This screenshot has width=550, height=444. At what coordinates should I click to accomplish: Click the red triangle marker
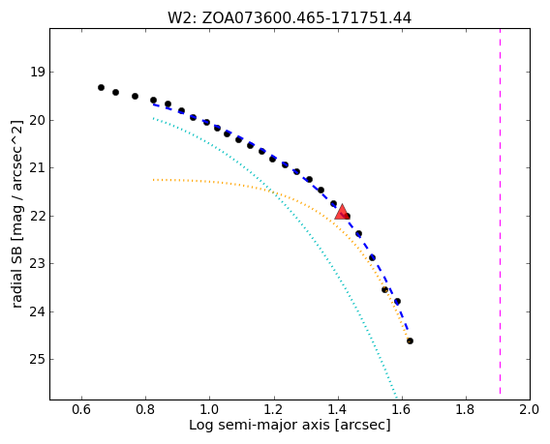tap(342, 212)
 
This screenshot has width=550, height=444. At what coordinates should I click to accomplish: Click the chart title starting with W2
tap(290, 17)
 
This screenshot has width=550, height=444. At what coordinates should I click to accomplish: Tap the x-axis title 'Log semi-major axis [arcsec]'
tap(290, 425)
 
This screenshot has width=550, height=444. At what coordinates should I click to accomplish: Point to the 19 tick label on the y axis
tap(38, 73)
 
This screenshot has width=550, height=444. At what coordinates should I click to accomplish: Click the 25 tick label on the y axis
tap(38, 360)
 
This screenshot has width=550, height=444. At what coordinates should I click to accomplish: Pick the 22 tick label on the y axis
tap(38, 217)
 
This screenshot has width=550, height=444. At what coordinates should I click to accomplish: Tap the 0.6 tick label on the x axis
tap(81, 409)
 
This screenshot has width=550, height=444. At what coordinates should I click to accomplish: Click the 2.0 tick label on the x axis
tap(530, 409)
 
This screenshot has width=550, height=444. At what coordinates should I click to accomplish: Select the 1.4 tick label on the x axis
tap(338, 409)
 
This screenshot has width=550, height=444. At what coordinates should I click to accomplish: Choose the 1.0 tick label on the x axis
tap(210, 409)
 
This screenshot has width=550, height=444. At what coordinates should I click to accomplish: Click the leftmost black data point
tap(101, 87)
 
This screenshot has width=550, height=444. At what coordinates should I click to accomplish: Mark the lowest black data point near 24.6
tap(410, 340)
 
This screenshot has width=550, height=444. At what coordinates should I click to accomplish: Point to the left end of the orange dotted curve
tap(153, 180)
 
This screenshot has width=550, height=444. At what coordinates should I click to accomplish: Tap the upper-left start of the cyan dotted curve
tap(153, 118)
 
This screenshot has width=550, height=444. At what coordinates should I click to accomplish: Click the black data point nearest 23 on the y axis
tap(372, 257)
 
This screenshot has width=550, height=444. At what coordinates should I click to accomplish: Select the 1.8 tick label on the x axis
tap(466, 409)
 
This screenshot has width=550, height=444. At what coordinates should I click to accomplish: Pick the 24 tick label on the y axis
tap(38, 311)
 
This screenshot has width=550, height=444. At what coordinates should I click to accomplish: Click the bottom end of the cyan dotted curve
tap(397, 399)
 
